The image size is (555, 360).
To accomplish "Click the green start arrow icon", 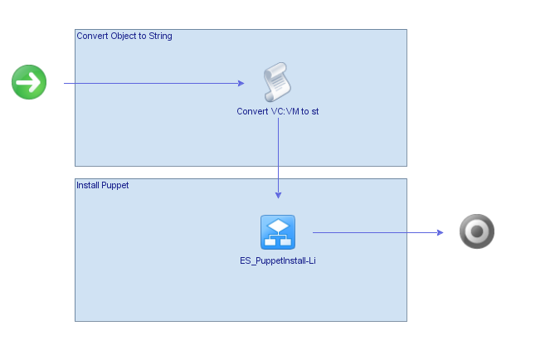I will click(x=29, y=83).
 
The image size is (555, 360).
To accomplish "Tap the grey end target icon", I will click(x=477, y=232).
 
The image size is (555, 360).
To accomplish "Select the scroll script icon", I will click(x=278, y=83).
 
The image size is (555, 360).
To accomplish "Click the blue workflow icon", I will click(x=278, y=232).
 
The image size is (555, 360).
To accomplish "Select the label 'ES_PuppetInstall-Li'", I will click(x=278, y=260).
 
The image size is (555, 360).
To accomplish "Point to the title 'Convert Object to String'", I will click(x=124, y=36).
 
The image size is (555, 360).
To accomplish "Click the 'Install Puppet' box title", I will click(x=102, y=185).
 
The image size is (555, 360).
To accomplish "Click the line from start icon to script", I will click(x=149, y=83).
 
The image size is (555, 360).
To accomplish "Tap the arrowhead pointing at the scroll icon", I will click(x=241, y=83).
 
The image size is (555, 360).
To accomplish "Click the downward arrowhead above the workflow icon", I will click(x=278, y=195).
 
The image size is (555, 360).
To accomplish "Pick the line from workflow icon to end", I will click(x=373, y=232).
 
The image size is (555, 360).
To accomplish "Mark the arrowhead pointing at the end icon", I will click(x=441, y=232).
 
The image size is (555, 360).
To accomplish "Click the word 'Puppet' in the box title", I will click(x=114, y=185).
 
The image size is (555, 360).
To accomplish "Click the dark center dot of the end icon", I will click(x=477, y=232).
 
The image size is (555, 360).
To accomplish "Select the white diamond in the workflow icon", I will click(x=278, y=226).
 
